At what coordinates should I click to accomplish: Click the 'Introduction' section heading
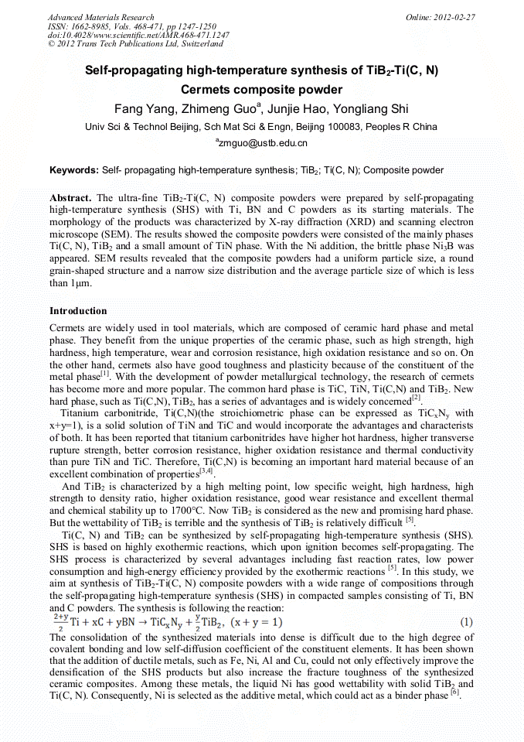point(78,311)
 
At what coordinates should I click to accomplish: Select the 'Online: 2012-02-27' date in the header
point(441,17)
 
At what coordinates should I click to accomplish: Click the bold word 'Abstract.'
point(71,198)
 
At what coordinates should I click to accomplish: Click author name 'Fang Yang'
point(140,108)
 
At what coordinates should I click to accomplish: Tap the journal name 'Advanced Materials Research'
point(100,17)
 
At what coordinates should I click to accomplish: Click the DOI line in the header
point(138,36)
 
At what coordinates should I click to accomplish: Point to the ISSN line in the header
point(131,26)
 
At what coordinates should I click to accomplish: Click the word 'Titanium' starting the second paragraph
point(78,413)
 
